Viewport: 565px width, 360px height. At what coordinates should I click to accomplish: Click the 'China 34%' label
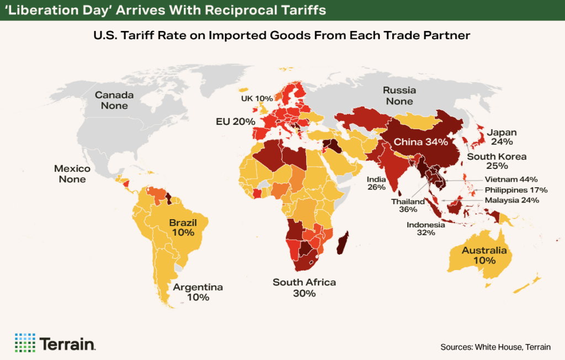tap(420, 142)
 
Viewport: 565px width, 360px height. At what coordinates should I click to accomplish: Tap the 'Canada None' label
tap(114, 100)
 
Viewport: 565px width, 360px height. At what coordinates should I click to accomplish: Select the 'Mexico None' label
tap(72, 174)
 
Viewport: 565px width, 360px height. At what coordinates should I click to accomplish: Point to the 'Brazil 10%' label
tap(182, 227)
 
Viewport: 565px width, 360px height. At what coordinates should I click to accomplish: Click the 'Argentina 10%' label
tap(198, 292)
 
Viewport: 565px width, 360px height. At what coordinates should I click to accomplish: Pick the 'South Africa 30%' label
tap(304, 288)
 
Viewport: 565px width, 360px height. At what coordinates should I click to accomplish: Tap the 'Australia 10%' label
tap(484, 255)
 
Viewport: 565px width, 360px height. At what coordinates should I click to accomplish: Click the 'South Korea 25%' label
tap(497, 161)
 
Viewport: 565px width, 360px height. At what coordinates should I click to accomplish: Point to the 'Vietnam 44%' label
tap(511, 179)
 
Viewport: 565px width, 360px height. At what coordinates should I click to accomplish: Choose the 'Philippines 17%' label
tap(516, 190)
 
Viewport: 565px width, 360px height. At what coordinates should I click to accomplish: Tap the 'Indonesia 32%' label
tap(426, 229)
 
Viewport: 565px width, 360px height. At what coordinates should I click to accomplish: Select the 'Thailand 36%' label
tap(408, 205)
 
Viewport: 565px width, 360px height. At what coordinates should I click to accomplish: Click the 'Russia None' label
tap(399, 96)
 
